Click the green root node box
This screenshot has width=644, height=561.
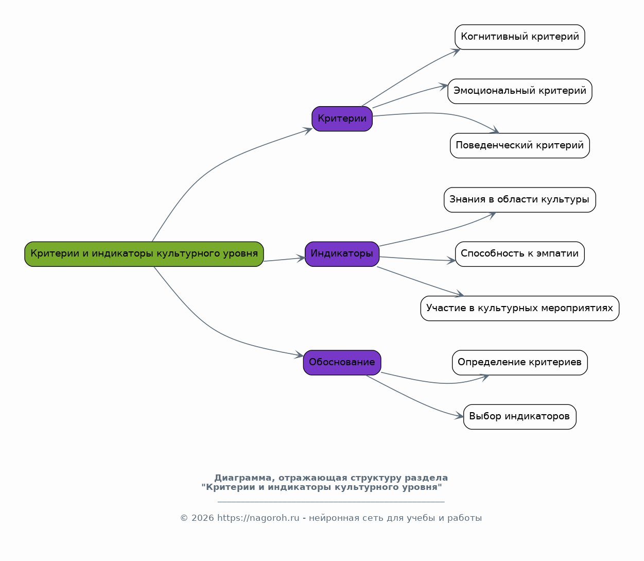tap(144, 254)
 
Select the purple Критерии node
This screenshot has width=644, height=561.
tap(342, 119)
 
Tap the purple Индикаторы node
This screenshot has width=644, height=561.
tap(342, 254)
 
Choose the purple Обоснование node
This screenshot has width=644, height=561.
tap(342, 363)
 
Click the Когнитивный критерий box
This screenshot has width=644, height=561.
tap(519, 37)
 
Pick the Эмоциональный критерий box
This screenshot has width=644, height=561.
tap(519, 91)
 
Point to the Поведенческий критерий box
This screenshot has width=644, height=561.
tap(519, 145)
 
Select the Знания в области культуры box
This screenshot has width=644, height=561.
tap(519, 200)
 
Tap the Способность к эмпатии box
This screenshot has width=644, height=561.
tap(519, 254)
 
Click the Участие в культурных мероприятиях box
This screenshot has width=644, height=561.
tap(519, 309)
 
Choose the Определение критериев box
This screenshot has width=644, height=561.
tap(519, 363)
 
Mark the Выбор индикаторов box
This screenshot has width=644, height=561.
tap(519, 417)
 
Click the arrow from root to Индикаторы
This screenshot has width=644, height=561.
tap(285, 260)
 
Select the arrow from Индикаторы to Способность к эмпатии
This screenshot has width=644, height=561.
tap(417, 259)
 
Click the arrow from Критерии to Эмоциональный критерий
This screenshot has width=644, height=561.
tap(410, 95)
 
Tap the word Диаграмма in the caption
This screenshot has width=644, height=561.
tap(242, 478)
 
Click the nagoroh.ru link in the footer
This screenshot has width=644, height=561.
tap(258, 518)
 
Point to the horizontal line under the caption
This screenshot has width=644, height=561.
tap(331, 502)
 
